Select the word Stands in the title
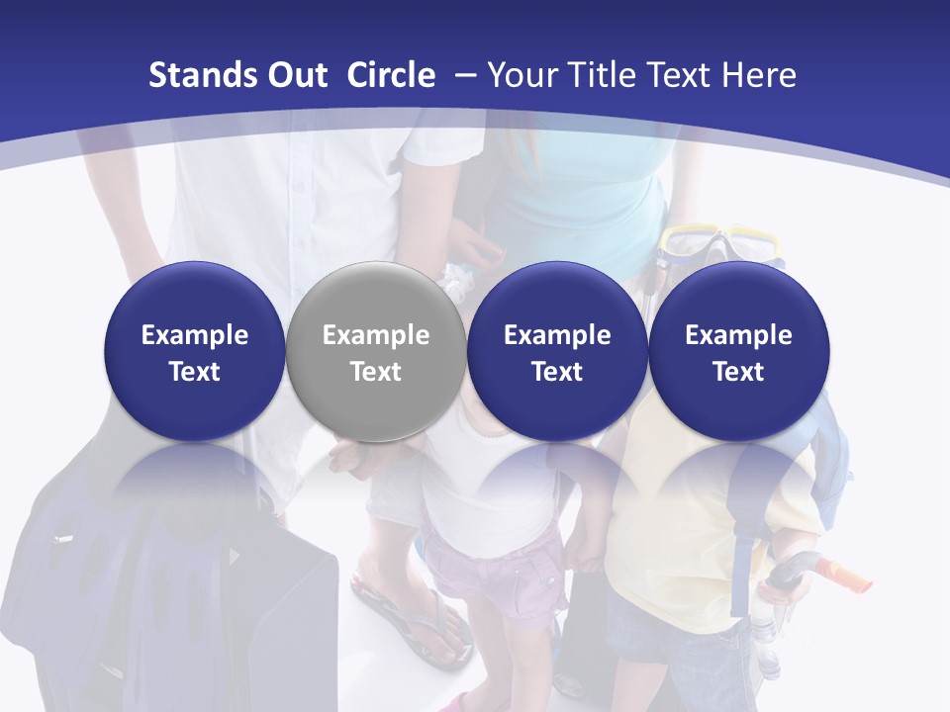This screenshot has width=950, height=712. (190, 75)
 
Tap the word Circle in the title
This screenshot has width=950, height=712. (391, 75)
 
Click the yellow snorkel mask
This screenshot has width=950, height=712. (721, 240)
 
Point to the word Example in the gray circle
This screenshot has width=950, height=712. (376, 335)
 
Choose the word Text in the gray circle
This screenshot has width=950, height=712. (376, 372)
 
